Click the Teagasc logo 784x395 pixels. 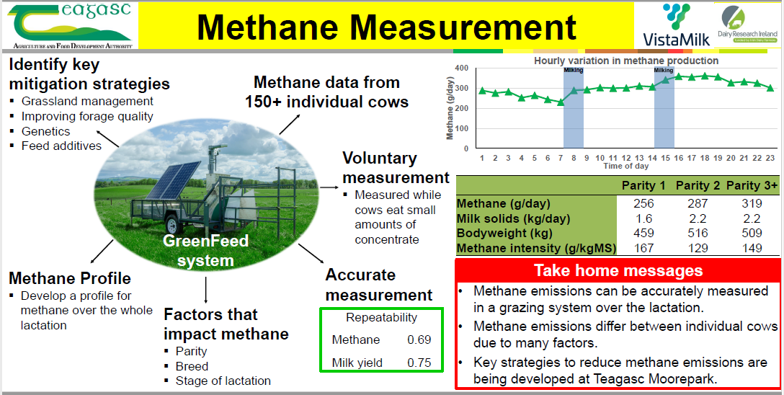pyautogui.click(x=70, y=25)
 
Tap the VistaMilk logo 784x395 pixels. pyautogui.click(x=676, y=25)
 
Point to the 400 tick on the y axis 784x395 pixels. pyautogui.click(x=461, y=68)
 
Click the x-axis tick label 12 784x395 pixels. pyautogui.click(x=626, y=158)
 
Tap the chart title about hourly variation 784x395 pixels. pyautogui.click(x=626, y=61)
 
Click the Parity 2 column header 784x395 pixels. pyautogui.click(x=698, y=185)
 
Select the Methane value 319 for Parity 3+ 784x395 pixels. pyautogui.click(x=752, y=203)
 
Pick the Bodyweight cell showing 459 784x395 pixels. pyautogui.click(x=643, y=233)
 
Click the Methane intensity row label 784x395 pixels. pyautogui.click(x=537, y=248)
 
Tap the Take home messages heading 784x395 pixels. pyautogui.click(x=618, y=270)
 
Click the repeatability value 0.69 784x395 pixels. pyautogui.click(x=419, y=340)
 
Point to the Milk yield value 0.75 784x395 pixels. pyautogui.click(x=419, y=363)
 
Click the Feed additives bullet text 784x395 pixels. pyautogui.click(x=61, y=146)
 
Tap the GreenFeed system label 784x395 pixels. pyautogui.click(x=205, y=251)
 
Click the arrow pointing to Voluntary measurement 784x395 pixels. pyautogui.click(x=329, y=187)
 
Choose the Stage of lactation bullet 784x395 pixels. pyautogui.click(x=223, y=381)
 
